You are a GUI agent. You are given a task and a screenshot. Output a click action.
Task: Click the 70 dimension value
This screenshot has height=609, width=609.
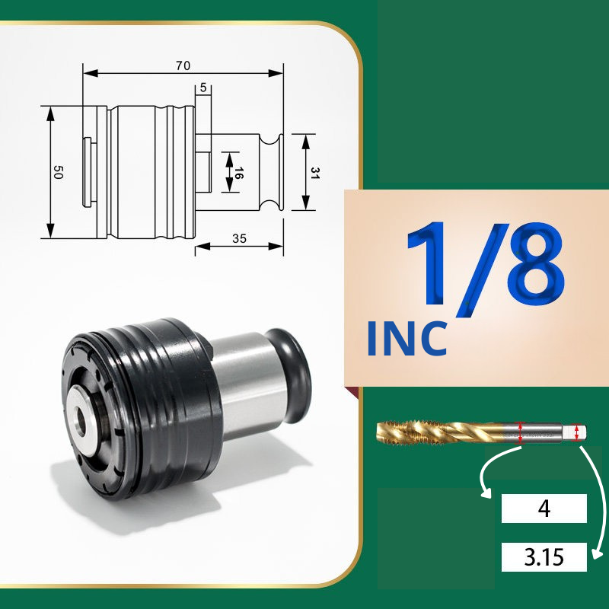(x=183, y=65)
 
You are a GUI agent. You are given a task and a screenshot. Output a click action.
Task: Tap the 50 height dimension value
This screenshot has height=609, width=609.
(x=58, y=172)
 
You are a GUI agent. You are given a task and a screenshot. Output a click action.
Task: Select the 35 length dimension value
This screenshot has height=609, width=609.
(x=239, y=238)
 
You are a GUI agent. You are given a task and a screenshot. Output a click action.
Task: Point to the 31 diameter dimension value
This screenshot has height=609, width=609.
(x=315, y=173)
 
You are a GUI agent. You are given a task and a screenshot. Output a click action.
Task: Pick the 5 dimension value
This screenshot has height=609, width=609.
(x=203, y=88)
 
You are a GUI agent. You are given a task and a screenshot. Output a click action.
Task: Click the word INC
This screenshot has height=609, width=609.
(x=407, y=338)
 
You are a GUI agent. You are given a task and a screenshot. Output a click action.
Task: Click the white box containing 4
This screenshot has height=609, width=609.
(x=544, y=508)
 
